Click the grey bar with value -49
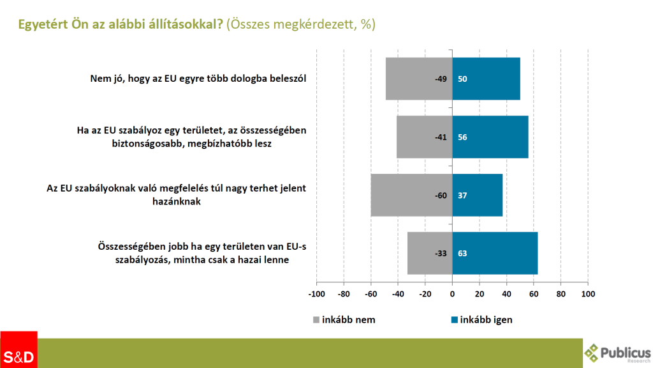[x=418, y=79]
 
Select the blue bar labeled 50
[x=486, y=79]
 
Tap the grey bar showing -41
[x=424, y=137]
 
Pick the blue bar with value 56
[x=490, y=137]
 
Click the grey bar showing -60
[x=411, y=195]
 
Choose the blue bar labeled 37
[x=477, y=195]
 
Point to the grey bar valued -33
[x=429, y=253]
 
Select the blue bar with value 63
[x=495, y=253]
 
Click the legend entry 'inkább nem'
[x=344, y=320]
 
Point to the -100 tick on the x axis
[x=316, y=295]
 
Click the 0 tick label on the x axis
[x=452, y=295]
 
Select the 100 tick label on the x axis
[x=588, y=295]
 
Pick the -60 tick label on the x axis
[x=371, y=295]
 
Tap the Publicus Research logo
[x=617, y=353]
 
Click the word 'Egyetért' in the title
[x=43, y=24]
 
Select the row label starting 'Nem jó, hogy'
[x=198, y=79]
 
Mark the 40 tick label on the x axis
[x=506, y=295]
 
